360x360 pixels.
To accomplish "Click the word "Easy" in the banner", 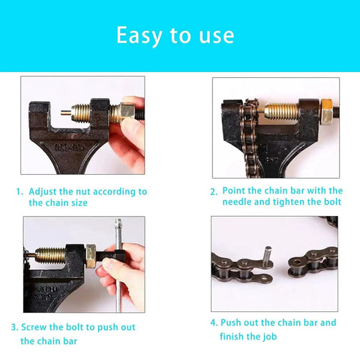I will pyautogui.click(x=138, y=35).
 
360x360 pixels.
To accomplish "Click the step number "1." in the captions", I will pyautogui.click(x=20, y=192).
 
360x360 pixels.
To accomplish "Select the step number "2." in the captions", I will pyautogui.click(x=214, y=191).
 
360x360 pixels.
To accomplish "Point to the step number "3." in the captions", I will pyautogui.click(x=14, y=328).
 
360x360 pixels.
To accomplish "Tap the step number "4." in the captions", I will pyautogui.click(x=214, y=323).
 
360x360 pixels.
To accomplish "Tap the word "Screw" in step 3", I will pyautogui.click(x=34, y=328).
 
